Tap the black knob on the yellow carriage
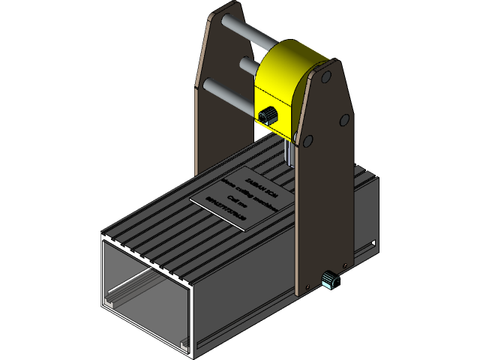pyautogui.click(x=267, y=114)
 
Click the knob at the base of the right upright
pyautogui.click(x=329, y=280)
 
